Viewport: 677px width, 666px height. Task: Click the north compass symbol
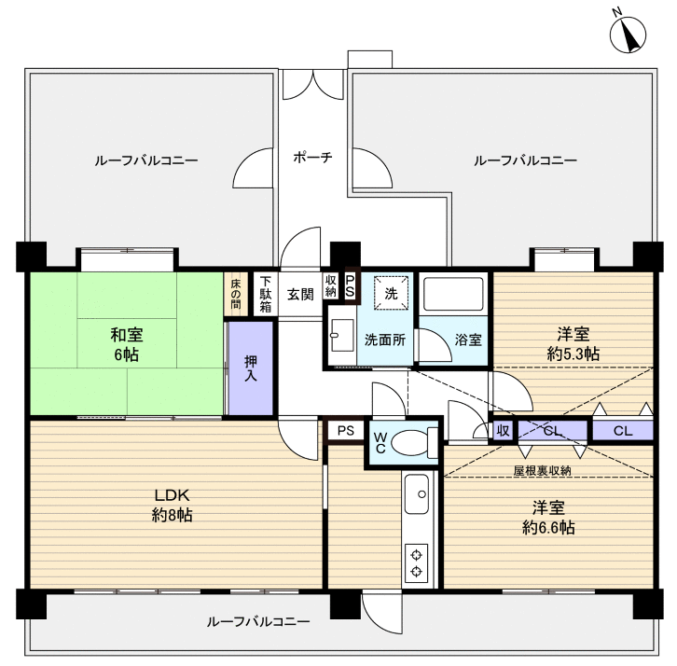click(628, 35)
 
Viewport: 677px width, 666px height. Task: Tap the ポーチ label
click(312, 157)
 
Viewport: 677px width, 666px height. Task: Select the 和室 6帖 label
click(127, 344)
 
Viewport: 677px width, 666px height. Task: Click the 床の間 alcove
click(236, 294)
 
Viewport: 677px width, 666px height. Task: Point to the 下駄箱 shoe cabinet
click(266, 294)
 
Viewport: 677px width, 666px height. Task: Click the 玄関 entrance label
click(300, 295)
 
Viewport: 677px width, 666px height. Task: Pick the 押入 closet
click(251, 368)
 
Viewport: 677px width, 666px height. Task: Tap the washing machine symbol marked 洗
click(391, 293)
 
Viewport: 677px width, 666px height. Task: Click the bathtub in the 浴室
click(453, 294)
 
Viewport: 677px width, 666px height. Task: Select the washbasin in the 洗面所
click(342, 335)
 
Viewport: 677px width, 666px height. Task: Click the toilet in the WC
click(414, 442)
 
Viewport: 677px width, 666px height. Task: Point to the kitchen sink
click(417, 494)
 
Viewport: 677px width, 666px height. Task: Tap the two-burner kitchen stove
click(416, 563)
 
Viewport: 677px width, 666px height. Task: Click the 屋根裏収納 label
click(542, 470)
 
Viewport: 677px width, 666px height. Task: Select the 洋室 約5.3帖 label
click(573, 344)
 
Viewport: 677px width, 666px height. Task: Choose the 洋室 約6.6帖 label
click(548, 517)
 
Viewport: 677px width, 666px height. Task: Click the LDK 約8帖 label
click(172, 505)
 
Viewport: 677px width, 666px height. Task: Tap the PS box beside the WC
click(345, 431)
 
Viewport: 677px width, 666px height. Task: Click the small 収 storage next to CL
click(503, 431)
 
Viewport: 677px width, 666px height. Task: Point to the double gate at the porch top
click(313, 85)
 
